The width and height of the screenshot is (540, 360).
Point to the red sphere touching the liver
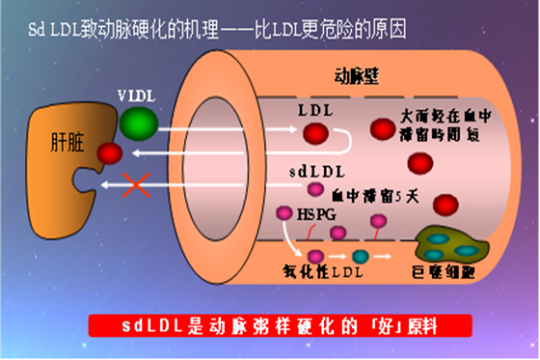[x=109, y=153]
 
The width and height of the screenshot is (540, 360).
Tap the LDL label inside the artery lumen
[x=317, y=109]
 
